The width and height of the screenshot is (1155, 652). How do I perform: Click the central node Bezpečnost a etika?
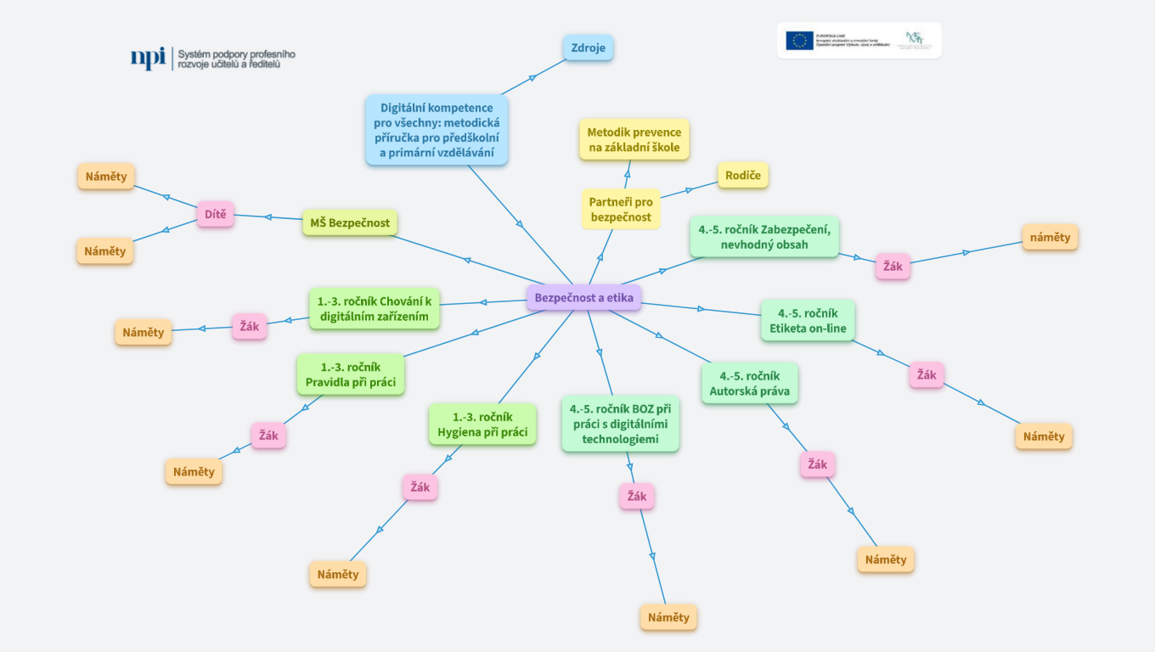[x=583, y=298]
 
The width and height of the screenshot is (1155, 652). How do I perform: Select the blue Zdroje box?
[x=588, y=48]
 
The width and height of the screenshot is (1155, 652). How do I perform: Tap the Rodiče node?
[x=742, y=176]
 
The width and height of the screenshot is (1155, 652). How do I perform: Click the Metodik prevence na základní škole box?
[x=634, y=140]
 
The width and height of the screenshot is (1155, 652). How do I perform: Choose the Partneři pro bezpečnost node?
[x=621, y=209]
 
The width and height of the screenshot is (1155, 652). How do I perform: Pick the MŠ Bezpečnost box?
[x=350, y=223]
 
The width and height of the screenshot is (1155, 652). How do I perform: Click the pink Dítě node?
[x=215, y=214]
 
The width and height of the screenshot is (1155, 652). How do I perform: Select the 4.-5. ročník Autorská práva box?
[x=749, y=384]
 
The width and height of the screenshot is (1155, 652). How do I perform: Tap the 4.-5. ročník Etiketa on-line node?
[x=807, y=321]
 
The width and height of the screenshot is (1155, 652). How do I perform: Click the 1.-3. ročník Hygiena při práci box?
[x=482, y=424]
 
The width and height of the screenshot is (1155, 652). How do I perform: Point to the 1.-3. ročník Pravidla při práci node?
[x=350, y=374]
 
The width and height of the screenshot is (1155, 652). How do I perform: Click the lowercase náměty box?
[x=1050, y=238]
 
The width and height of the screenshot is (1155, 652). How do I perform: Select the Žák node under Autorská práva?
[x=817, y=464]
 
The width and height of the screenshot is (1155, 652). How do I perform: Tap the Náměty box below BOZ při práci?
[x=668, y=617]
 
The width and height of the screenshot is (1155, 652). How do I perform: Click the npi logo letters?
[x=148, y=57]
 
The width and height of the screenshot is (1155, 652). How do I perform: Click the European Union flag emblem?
[x=799, y=40]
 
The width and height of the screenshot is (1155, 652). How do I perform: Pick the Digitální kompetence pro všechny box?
[x=437, y=130]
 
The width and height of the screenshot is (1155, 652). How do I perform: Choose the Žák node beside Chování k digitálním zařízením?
[x=249, y=327]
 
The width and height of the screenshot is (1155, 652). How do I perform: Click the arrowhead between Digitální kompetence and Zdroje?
[x=532, y=77]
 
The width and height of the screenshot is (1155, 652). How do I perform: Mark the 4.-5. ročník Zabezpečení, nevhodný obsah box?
[x=764, y=237]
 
